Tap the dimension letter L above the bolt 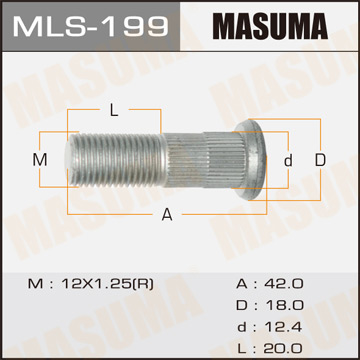[113, 108]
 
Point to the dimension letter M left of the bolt [41, 161]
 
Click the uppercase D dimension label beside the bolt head [320, 160]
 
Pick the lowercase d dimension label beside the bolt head [287, 161]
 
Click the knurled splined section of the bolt [195, 160]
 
